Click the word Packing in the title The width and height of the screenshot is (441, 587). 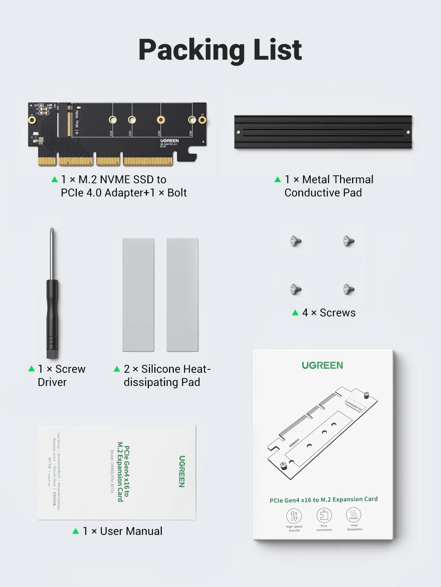tap(191, 50)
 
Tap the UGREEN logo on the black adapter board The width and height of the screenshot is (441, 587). tap(169, 141)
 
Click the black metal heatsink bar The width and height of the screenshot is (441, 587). tap(323, 132)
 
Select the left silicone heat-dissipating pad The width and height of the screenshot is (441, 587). tap(138, 295)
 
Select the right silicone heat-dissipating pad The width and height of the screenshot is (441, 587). tap(182, 295)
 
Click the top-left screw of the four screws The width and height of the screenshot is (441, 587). tap(296, 241)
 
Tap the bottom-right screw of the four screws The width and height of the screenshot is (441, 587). tap(348, 289)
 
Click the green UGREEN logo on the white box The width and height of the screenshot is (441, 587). tap(322, 365)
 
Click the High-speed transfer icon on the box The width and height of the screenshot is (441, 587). tap(294, 515)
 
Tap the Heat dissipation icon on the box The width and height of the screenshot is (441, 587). tap(354, 514)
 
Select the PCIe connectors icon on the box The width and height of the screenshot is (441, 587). tap(324, 515)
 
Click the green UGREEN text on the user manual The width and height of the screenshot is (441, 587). tap(182, 471)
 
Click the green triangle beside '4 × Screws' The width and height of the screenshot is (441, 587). tap(295, 313)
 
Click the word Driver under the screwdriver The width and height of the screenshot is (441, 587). tap(52, 382)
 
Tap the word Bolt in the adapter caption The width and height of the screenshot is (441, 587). tap(177, 193)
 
